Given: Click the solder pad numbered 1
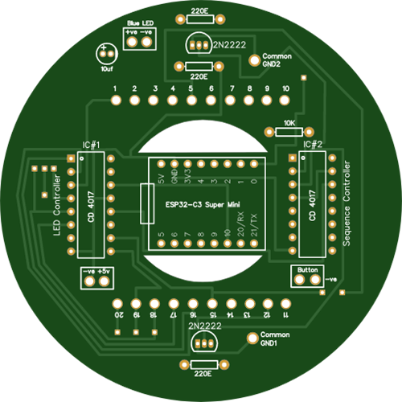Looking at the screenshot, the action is pyautogui.click(x=116, y=100).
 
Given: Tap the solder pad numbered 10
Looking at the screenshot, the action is pyautogui.click(x=285, y=100).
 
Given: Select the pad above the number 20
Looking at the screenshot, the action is pyautogui.click(x=117, y=304).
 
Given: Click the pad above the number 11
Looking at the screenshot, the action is pyautogui.click(x=285, y=304).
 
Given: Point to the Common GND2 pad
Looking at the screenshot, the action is pyautogui.click(x=254, y=60).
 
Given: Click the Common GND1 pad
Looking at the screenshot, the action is pyautogui.click(x=252, y=338).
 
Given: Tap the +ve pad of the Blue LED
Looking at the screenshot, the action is pyautogui.click(x=132, y=42).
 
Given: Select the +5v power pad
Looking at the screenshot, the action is pyautogui.click(x=105, y=281).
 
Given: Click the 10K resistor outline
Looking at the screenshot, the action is pyautogui.click(x=289, y=132).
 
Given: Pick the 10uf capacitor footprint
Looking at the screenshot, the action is pyautogui.click(x=107, y=54).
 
